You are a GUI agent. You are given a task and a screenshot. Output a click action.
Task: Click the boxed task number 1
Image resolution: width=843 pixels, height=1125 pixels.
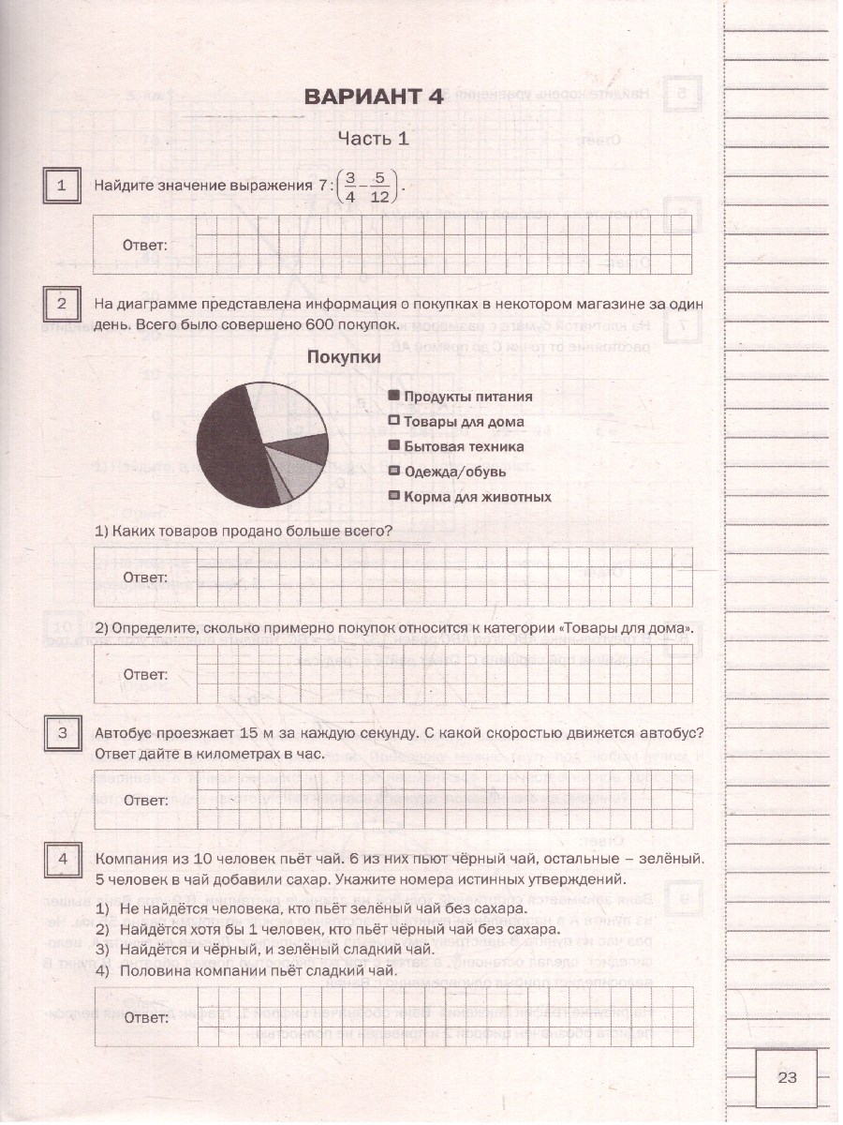tap(62, 186)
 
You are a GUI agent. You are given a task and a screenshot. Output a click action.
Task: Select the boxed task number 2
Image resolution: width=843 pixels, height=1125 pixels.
tap(62, 304)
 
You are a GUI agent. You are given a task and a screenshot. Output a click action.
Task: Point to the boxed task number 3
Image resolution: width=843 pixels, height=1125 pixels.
tap(62, 733)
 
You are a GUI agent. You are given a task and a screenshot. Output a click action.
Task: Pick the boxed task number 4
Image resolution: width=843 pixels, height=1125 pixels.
tap(62, 860)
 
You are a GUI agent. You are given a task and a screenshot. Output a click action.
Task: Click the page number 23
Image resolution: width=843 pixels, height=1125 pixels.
tap(786, 1077)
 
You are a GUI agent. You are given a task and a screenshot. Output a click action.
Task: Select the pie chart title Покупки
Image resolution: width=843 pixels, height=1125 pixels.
tap(344, 357)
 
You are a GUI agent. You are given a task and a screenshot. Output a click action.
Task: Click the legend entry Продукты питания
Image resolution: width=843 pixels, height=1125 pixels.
tap(460, 397)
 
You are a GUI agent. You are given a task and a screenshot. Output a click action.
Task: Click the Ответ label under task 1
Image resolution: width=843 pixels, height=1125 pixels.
tap(145, 246)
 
